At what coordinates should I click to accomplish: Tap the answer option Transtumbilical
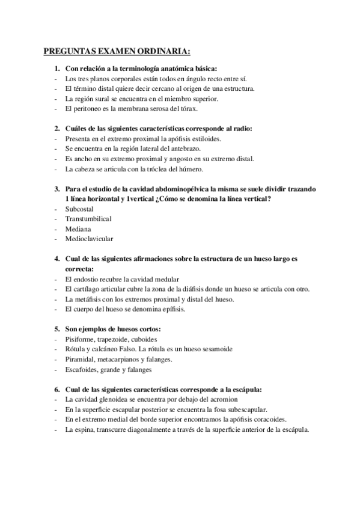pos(88,218)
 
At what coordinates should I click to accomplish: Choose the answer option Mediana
pos(79,229)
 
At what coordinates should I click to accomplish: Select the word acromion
pos(222,399)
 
